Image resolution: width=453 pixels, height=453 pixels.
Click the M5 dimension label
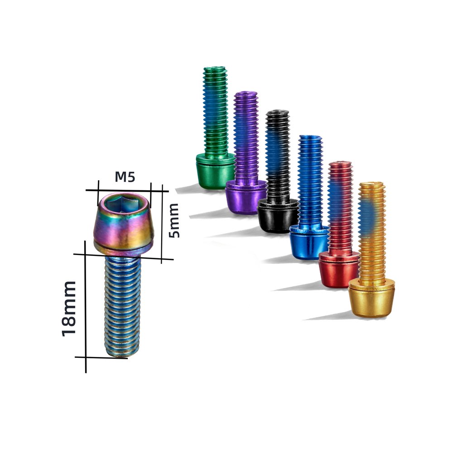[x=125, y=177]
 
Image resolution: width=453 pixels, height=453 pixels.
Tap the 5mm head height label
[x=174, y=221]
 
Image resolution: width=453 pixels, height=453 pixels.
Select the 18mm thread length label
[x=69, y=308]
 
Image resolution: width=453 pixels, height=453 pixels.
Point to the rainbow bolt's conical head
[x=123, y=224]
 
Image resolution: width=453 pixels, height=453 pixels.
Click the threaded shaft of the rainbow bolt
[x=122, y=306]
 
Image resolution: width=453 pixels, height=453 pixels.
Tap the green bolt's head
[x=215, y=171]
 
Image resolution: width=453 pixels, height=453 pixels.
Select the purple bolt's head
[x=246, y=197]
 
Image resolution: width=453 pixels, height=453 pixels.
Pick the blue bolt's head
[x=309, y=241]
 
